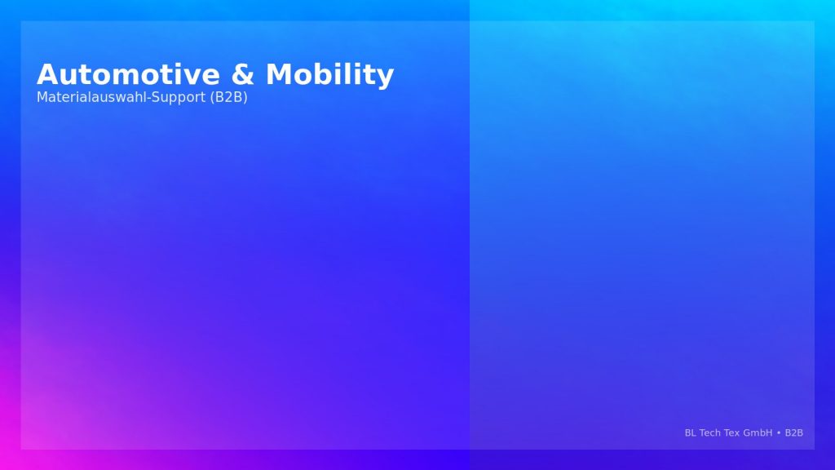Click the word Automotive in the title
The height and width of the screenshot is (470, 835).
click(128, 74)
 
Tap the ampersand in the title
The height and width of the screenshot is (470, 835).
click(242, 74)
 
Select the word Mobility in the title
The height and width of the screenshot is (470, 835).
click(329, 75)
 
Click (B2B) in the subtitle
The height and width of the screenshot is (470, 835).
click(228, 98)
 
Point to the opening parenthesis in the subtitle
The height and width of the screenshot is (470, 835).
click(212, 98)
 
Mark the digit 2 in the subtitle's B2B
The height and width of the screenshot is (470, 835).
click(228, 97)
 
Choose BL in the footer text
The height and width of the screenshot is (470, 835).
click(690, 432)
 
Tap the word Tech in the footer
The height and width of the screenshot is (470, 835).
click(709, 432)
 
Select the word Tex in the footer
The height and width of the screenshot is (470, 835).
click(731, 432)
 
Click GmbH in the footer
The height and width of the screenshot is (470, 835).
click(758, 432)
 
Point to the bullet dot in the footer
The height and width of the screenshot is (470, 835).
click(779, 433)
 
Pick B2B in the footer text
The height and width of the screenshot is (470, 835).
click(794, 432)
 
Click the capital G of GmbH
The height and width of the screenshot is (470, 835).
click(746, 432)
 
